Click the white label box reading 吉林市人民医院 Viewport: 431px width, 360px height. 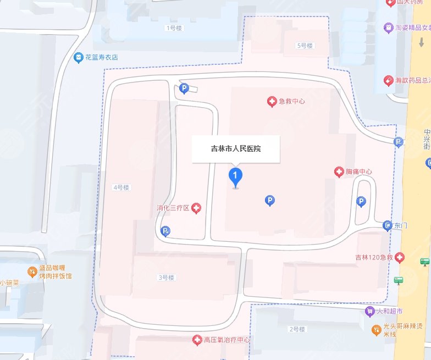(x=236, y=148)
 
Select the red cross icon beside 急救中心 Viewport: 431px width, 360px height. (x=272, y=101)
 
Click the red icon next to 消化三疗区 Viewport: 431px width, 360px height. (x=196, y=208)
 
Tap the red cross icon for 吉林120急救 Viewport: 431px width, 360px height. (x=400, y=257)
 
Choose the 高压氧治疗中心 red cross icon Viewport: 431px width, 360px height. (x=197, y=341)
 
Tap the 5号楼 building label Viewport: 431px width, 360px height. (x=305, y=46)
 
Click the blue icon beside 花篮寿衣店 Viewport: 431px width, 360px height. (x=79, y=57)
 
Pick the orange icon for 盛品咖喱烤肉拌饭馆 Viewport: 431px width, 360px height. (x=32, y=272)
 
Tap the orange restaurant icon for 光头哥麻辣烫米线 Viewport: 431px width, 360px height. (x=375, y=330)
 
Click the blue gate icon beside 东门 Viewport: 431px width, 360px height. (x=388, y=225)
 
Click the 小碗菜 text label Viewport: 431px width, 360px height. (x=10, y=283)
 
